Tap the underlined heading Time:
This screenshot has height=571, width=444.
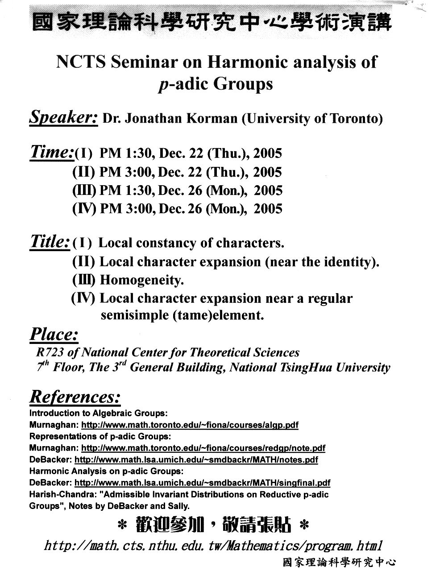(x=51, y=152)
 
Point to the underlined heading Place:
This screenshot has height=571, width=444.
(x=54, y=335)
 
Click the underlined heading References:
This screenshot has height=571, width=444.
(x=75, y=397)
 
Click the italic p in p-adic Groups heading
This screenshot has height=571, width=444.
(x=162, y=85)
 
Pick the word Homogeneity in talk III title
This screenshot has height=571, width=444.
(x=142, y=280)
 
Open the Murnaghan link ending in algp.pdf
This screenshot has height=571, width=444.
(x=190, y=425)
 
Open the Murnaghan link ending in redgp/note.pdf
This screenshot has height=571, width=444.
(x=203, y=448)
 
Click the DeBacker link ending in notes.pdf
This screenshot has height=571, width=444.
(x=196, y=459)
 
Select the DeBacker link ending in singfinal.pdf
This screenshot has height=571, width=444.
(x=202, y=483)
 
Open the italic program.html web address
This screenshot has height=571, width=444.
(x=213, y=546)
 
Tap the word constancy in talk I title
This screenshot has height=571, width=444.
(x=166, y=243)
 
